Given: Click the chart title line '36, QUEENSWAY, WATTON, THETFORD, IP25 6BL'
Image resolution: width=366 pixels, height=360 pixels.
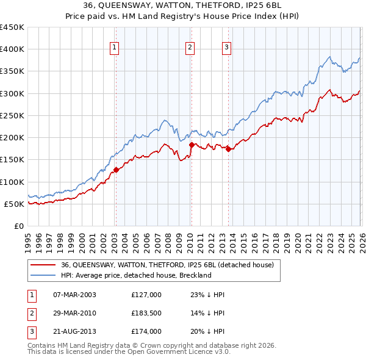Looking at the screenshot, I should (x=183, y=5).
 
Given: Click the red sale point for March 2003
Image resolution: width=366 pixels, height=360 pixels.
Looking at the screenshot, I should (x=116, y=170).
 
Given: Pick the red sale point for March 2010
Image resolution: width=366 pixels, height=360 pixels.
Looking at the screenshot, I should (x=192, y=145).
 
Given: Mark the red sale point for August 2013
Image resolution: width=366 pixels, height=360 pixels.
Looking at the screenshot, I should (x=228, y=149).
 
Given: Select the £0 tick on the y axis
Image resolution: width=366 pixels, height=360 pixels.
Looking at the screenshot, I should (x=20, y=226).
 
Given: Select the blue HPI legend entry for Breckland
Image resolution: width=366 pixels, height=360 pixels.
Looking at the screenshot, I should (x=135, y=275).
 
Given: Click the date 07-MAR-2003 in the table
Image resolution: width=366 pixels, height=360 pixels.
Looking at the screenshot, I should (x=74, y=295).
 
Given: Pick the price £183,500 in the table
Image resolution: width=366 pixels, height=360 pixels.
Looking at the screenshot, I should (x=146, y=313).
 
